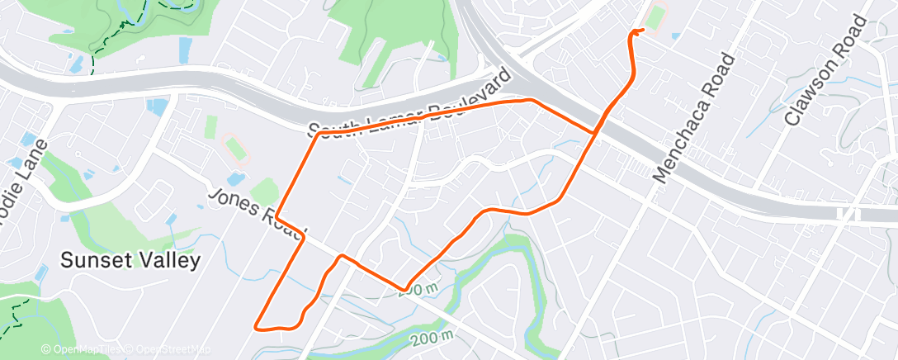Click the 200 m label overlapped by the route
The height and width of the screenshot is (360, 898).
point(422,288)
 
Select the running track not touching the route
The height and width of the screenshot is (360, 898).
point(235,149)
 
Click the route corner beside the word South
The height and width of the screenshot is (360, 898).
point(317,134)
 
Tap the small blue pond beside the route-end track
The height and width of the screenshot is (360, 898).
point(676,36)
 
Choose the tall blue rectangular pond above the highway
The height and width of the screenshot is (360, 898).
point(185,49)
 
